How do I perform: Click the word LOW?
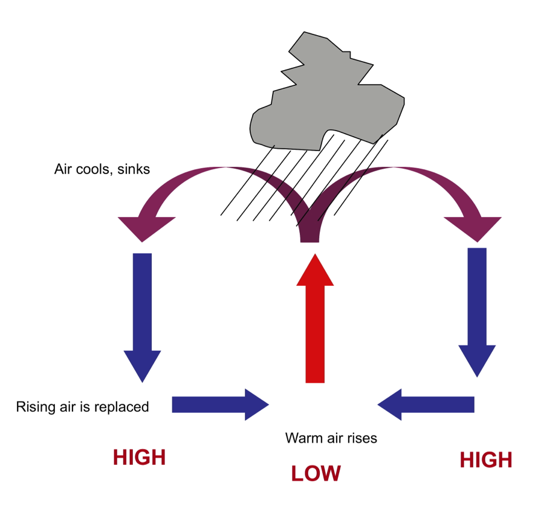pos(316,473)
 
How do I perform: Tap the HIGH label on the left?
pos(139,458)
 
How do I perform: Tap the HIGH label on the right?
pos(485,460)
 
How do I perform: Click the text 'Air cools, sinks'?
pos(102,169)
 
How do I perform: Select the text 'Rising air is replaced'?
pos(82,407)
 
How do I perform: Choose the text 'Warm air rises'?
pos(331,438)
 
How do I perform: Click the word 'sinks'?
pos(134,169)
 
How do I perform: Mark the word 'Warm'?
pos(300,438)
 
